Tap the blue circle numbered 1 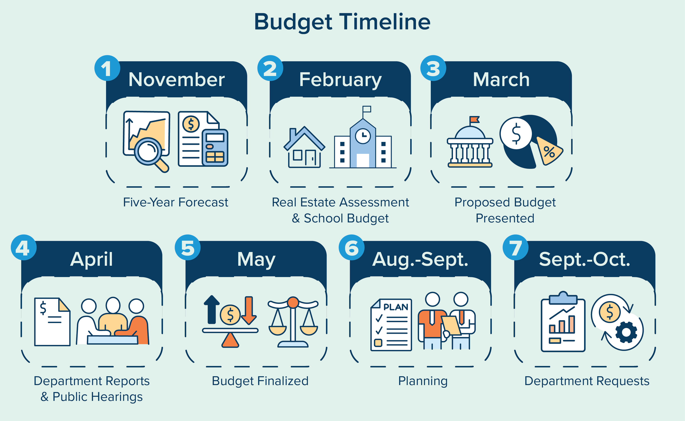107,68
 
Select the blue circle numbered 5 187,247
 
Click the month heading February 340,80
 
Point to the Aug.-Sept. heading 420,260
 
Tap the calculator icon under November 215,148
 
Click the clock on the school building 363,136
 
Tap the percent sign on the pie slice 549,152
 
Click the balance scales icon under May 293,323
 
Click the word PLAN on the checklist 396,307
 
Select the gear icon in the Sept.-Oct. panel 626,332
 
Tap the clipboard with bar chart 563,323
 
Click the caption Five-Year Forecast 176,202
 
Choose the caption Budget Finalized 260,381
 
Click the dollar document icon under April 52,322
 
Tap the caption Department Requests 587,381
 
